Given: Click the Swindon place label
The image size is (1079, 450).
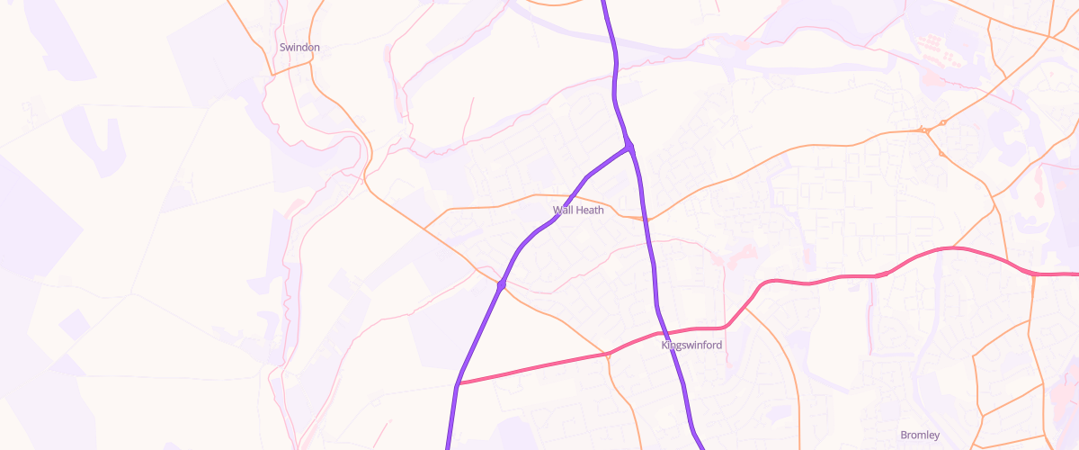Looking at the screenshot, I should [299, 48].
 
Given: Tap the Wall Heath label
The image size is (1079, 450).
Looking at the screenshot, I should [578, 210].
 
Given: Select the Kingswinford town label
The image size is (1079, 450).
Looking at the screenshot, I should [691, 345].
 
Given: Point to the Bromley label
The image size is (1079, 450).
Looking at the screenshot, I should [920, 436].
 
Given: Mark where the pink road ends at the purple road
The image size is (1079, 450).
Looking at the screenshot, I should [459, 384].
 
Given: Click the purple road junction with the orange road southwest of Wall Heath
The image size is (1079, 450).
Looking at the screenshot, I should [501, 285].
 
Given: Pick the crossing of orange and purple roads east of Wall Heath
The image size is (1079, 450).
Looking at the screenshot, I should [647, 219].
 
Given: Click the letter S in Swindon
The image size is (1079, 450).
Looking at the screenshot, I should [282, 48].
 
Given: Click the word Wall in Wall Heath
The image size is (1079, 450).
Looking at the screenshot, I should [562, 210].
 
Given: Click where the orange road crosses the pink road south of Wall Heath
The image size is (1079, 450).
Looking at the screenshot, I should [608, 355].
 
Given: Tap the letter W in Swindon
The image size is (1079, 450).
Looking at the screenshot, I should [289, 48].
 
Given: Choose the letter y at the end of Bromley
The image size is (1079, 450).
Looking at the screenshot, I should [937, 436].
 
